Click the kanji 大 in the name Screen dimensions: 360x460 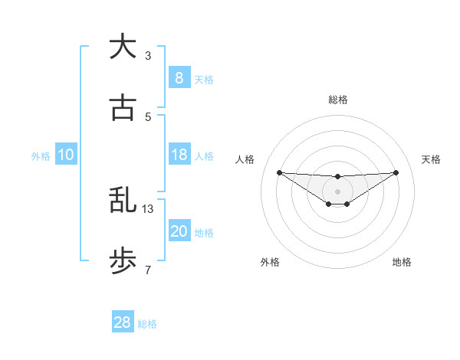(123, 47)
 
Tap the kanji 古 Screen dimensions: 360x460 (123, 109)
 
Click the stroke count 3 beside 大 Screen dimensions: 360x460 (147, 55)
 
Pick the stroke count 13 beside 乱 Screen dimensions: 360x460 (149, 208)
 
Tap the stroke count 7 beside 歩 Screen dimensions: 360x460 (147, 270)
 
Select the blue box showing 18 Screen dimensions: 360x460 (179, 155)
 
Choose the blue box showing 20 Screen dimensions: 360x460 (179, 231)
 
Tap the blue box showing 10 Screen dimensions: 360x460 (65, 155)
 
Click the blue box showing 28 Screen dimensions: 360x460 (122, 322)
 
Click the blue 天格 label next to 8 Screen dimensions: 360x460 (204, 80)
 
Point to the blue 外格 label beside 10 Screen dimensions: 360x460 (41, 156)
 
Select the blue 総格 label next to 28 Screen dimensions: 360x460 (147, 324)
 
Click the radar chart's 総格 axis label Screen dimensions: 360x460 (337, 100)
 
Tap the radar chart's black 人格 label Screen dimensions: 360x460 (245, 159)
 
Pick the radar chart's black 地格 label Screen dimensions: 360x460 (402, 262)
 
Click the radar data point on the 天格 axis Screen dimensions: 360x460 (396, 172)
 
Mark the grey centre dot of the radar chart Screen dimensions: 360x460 (337, 191)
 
